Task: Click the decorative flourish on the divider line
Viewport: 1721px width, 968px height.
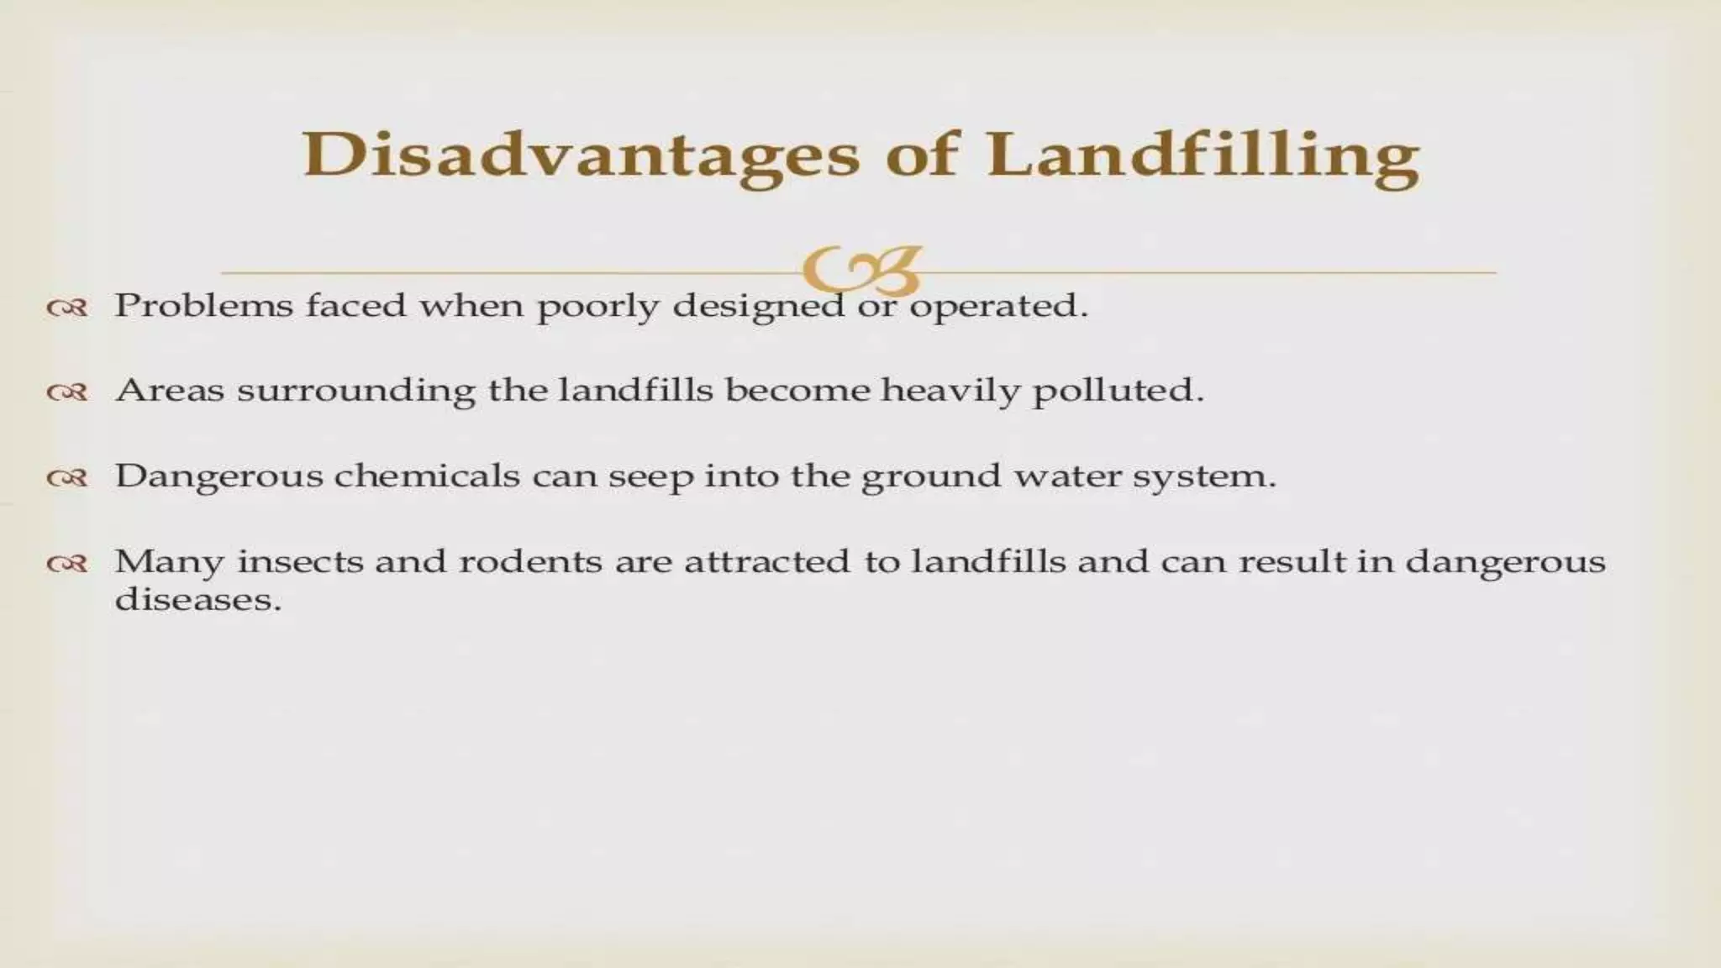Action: tap(861, 270)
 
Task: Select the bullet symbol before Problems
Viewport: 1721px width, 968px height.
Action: tap(67, 308)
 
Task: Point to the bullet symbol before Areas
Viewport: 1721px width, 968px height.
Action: tap(67, 392)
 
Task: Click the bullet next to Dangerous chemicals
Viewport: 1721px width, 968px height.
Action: tap(67, 478)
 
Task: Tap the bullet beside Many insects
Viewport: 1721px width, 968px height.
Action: tap(67, 564)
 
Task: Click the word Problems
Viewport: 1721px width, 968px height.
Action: tap(203, 306)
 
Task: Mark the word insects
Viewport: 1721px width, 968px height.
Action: tap(299, 561)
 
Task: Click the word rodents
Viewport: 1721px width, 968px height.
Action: tap(529, 561)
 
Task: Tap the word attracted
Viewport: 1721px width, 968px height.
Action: tap(767, 561)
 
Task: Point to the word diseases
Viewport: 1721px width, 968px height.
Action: tap(197, 600)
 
